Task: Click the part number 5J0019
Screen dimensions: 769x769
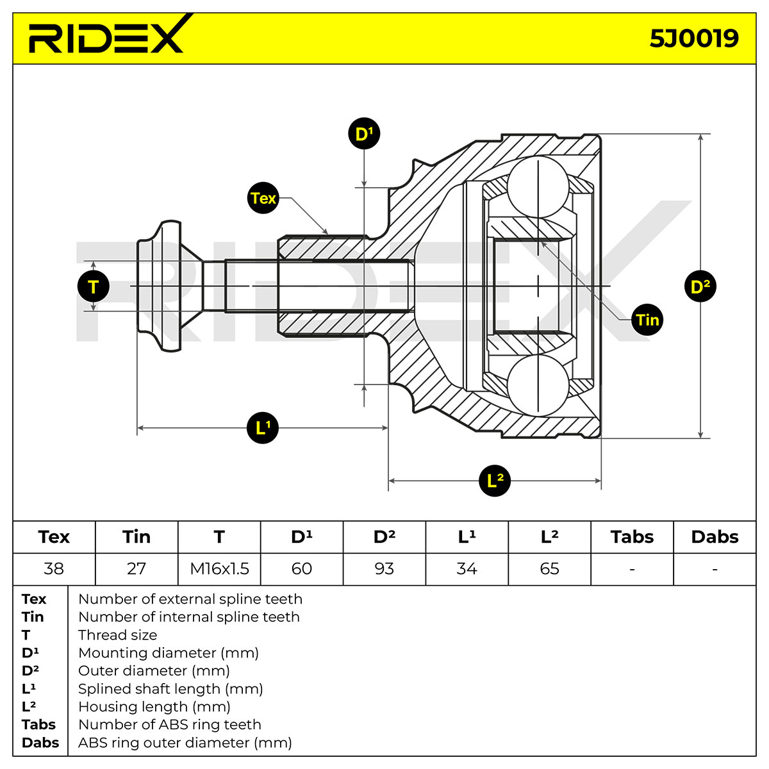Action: point(694,38)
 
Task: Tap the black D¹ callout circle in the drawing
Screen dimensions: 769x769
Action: point(364,133)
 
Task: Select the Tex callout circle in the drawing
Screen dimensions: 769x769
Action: point(263,198)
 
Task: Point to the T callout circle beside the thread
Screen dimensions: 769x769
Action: point(94,286)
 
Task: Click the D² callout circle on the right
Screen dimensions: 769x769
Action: point(700,286)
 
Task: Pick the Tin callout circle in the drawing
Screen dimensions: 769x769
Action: point(647,320)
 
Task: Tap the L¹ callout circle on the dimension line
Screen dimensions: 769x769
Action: point(263,428)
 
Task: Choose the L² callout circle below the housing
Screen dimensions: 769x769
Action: point(495,481)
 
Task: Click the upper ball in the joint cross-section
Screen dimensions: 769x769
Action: point(538,187)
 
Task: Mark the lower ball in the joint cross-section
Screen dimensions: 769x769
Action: point(538,385)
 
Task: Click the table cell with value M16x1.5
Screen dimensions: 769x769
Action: point(219,568)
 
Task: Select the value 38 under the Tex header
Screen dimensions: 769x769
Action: point(54,568)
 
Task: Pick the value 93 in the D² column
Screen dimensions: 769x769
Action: point(384,568)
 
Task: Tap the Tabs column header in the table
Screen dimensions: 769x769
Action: point(632,537)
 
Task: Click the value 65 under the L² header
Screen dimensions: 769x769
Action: point(549,568)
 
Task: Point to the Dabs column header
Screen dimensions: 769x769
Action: point(715,537)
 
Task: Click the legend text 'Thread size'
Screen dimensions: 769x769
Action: point(118,634)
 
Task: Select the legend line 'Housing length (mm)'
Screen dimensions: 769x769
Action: point(154,706)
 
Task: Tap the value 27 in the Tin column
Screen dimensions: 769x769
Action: point(136,568)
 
